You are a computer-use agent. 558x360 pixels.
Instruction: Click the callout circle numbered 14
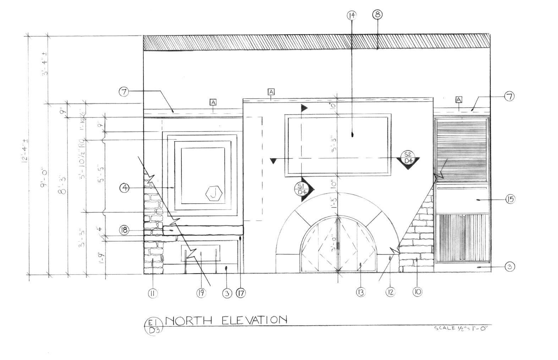click(x=352, y=15)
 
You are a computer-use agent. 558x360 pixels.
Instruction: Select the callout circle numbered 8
click(x=377, y=15)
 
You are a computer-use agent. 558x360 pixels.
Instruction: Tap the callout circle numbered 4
click(x=124, y=188)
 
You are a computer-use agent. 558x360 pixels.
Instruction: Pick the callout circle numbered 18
click(x=124, y=230)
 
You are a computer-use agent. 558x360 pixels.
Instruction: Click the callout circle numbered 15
click(x=510, y=199)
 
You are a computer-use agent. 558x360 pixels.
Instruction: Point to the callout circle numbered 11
click(x=153, y=293)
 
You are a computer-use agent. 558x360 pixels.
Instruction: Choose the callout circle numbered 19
click(x=201, y=293)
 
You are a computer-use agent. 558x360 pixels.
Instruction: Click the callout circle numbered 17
click(x=240, y=293)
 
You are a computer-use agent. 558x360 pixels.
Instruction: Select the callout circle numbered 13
click(x=361, y=292)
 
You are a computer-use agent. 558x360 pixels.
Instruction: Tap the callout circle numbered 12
click(x=390, y=292)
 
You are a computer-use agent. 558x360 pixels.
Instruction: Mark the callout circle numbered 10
click(x=417, y=292)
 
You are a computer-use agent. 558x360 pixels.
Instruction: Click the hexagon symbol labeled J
click(x=214, y=194)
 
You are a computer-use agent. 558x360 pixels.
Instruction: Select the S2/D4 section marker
click(x=408, y=158)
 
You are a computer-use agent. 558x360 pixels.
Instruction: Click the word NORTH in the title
click(x=188, y=321)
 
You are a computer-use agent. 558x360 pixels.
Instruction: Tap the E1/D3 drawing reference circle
click(x=153, y=326)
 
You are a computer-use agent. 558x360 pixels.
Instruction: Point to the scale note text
click(x=461, y=328)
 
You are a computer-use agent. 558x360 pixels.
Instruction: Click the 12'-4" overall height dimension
click(x=25, y=155)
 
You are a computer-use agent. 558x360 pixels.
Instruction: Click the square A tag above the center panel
click(x=271, y=92)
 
